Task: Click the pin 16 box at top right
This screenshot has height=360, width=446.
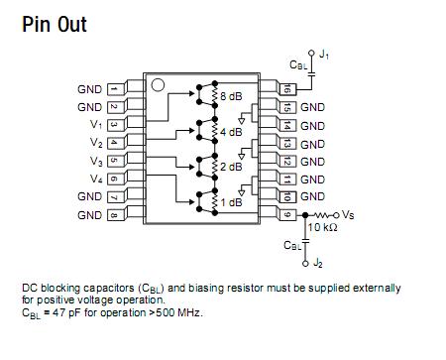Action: [287, 89]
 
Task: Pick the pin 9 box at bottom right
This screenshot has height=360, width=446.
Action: [287, 214]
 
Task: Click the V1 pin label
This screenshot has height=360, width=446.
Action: [95, 125]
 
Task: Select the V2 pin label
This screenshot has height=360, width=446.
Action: [95, 143]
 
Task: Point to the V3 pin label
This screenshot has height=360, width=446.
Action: [95, 161]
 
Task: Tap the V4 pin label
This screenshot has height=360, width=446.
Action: [95, 179]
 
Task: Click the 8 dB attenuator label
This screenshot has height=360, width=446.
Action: [230, 95]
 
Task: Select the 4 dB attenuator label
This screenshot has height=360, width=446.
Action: [230, 131]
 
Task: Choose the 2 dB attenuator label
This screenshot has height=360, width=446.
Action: [230, 167]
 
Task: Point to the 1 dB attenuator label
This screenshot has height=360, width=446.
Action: [230, 202]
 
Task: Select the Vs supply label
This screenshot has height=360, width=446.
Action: [352, 214]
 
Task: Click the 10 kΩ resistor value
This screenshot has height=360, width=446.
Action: [324, 228]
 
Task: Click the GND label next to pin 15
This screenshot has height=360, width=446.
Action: [312, 107]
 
